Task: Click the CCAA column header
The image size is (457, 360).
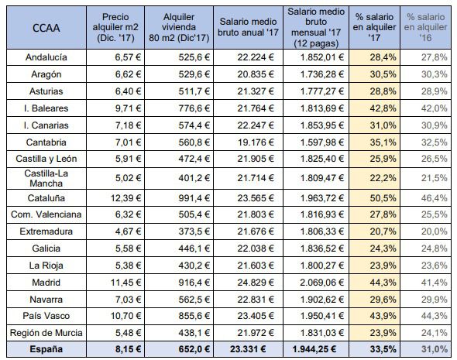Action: pyautogui.click(x=46, y=28)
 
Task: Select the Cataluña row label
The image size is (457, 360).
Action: pyautogui.click(x=46, y=198)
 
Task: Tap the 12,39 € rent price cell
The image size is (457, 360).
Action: pyautogui.click(x=125, y=198)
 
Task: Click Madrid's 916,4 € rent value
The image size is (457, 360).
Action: pyautogui.click(x=194, y=283)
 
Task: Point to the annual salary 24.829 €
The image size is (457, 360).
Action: pyautogui.click(x=256, y=283)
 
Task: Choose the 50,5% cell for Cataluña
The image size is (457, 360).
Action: pyautogui.click(x=383, y=198)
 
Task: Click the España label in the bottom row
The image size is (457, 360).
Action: pyautogui.click(x=46, y=349)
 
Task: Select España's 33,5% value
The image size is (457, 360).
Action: pyautogui.click(x=383, y=349)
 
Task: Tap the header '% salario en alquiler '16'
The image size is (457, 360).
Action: pyautogui.click(x=425, y=27)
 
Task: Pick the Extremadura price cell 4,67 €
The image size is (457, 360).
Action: pyautogui.click(x=128, y=231)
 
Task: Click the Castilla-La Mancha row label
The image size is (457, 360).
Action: pyautogui.click(x=46, y=178)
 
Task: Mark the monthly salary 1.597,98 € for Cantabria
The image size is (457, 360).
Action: pyautogui.click(x=322, y=142)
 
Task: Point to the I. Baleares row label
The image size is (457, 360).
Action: pyautogui.click(x=46, y=108)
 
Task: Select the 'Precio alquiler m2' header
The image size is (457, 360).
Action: pyautogui.click(x=115, y=27)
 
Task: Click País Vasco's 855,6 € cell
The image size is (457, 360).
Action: pyautogui.click(x=194, y=316)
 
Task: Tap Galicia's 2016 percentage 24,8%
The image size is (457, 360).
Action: pyautogui.click(x=434, y=249)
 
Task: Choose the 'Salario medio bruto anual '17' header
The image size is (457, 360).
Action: pyautogui.click(x=248, y=27)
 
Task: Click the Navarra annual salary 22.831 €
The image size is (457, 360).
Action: pyautogui.click(x=256, y=299)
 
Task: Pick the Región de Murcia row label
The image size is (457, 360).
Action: pyautogui.click(x=46, y=333)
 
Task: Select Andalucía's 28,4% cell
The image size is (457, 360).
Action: pyautogui.click(x=383, y=57)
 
